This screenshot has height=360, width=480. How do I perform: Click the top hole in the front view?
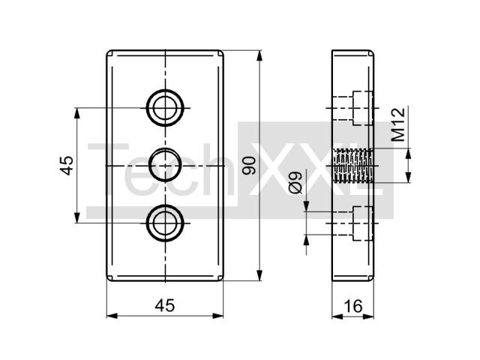(165, 108)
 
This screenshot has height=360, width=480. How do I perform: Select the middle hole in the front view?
(165, 165)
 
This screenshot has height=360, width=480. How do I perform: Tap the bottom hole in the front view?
(165, 223)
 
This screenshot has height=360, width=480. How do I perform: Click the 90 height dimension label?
(248, 166)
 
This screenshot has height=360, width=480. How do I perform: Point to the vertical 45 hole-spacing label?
(67, 166)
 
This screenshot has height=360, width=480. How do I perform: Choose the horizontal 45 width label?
(165, 305)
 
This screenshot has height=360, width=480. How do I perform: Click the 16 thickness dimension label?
(353, 306)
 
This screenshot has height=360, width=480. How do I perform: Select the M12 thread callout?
(398, 124)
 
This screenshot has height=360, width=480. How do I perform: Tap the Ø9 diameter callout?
(295, 183)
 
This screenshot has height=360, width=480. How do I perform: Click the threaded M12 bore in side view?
(354, 166)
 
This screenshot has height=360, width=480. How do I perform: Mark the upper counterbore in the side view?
(363, 108)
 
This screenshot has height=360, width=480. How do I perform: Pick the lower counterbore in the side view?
(363, 223)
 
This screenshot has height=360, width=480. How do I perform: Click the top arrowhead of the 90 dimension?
(259, 56)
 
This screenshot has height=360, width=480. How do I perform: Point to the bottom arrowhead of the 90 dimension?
(259, 274)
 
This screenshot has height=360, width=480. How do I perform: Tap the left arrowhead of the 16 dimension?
(337, 316)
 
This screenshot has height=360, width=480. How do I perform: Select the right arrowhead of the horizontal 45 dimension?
(217, 316)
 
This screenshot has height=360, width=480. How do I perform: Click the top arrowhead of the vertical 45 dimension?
(76, 113)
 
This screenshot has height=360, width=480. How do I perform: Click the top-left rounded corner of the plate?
(109, 52)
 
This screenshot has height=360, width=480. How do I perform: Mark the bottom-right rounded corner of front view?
(221, 278)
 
